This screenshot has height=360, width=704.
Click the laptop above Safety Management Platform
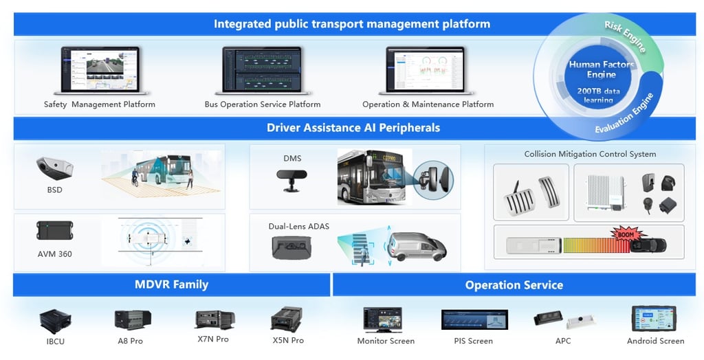pyautogui.click(x=100, y=70)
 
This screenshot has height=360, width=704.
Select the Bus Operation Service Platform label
pyautogui.click(x=263, y=104)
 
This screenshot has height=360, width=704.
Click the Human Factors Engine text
pyautogui.click(x=601, y=69)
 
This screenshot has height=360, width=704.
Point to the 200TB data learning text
pyautogui.click(x=599, y=95)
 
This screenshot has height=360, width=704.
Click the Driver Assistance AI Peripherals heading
pyautogui.click(x=353, y=128)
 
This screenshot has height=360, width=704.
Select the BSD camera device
pyautogui.click(x=54, y=167)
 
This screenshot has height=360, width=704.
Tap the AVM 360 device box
pyautogui.click(x=55, y=231)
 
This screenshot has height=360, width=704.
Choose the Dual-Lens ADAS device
pyautogui.click(x=292, y=246)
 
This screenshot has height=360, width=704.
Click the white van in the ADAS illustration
pyautogui.click(x=416, y=245)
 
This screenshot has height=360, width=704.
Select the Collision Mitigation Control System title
pyautogui.click(x=590, y=154)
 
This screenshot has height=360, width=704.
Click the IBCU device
pyautogui.click(x=55, y=321)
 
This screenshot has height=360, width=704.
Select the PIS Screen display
pyautogui.click(x=473, y=320)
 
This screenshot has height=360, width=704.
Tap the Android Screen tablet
pyautogui.click(x=654, y=319)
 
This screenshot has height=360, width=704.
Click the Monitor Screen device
pyautogui.click(x=386, y=319)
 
